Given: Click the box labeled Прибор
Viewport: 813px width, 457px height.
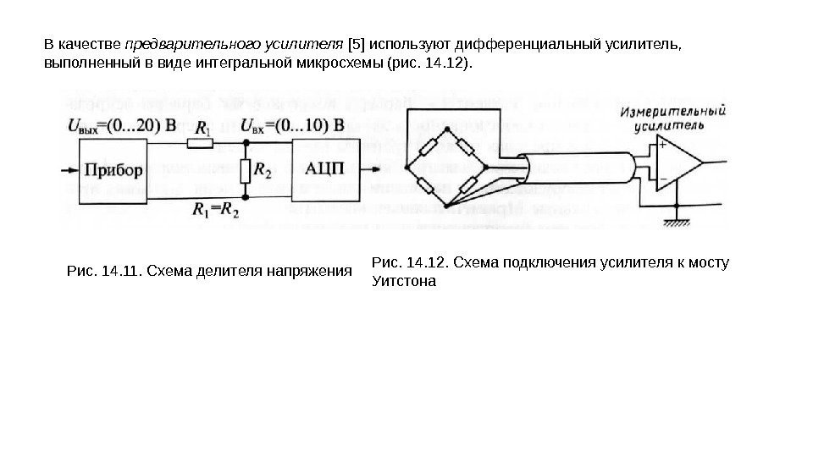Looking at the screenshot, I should pyautogui.click(x=111, y=169).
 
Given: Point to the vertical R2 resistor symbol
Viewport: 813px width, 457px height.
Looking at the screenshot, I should pyautogui.click(x=245, y=172).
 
